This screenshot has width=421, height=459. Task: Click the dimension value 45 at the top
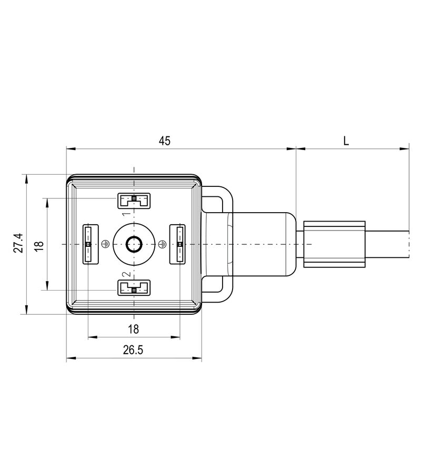(165, 141)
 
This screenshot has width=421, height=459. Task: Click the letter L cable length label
(346, 141)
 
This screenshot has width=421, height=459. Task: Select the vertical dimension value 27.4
(18, 243)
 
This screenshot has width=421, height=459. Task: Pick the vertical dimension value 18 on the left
(38, 244)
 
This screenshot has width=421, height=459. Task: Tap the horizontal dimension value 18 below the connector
(133, 329)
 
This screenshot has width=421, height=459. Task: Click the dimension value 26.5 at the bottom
(133, 350)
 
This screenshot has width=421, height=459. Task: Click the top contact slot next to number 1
(134, 199)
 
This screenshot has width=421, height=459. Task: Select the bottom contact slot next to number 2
(134, 288)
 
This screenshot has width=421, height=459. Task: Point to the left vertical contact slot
(89, 244)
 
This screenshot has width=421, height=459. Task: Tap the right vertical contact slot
(178, 244)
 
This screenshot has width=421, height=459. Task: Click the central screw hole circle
(134, 244)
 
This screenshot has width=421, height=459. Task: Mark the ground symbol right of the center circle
(162, 244)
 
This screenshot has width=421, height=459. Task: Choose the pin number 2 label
(126, 274)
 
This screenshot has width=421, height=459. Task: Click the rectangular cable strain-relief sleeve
(334, 244)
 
